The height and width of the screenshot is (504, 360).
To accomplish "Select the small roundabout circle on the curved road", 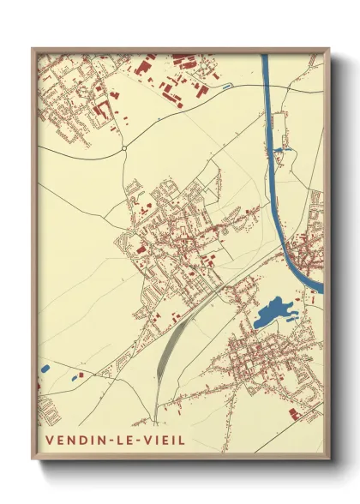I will point(124,148).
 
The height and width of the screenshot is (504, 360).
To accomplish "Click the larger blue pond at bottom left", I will point(44,369).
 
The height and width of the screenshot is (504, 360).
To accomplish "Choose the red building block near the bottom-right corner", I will point(294,414).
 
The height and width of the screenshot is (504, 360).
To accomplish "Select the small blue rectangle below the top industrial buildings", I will point(225,87).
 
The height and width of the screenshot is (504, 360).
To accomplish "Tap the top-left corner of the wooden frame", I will point(33,49).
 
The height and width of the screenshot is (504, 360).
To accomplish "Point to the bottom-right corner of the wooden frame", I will point(327,460).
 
